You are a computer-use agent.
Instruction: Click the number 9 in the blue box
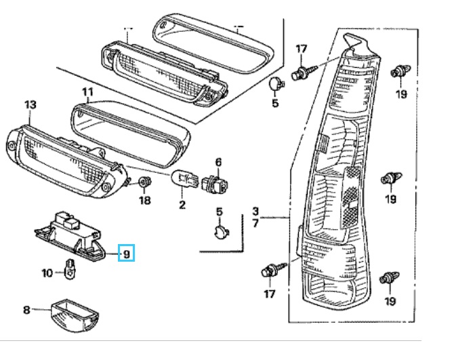click(126, 254)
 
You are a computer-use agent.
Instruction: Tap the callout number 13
click(30, 104)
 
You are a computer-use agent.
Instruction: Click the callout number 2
click(182, 204)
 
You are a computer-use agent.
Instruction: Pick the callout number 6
click(218, 162)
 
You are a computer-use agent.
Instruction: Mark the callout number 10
click(47, 273)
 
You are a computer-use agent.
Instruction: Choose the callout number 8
click(26, 310)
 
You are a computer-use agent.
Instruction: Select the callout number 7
click(255, 223)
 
